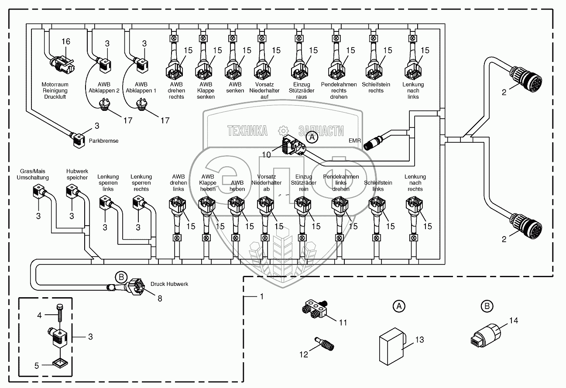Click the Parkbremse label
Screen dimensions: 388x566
point(103,141)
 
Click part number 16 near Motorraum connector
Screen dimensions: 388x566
point(65,41)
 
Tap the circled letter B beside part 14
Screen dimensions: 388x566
point(486,307)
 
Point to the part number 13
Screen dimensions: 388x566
point(420,340)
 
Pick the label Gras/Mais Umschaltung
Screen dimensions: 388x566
point(33,174)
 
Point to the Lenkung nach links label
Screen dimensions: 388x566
point(413,90)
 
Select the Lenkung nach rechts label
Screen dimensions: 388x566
point(415,183)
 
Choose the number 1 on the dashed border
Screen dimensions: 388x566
point(261,297)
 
